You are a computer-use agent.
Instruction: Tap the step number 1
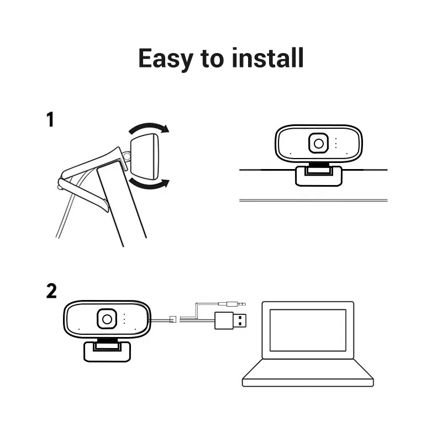(50, 119)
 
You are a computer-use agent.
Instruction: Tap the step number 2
(51, 291)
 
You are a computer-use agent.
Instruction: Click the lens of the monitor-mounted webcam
(319, 143)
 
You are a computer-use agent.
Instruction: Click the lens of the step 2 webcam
(107, 319)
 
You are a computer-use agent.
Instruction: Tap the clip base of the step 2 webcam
(107, 351)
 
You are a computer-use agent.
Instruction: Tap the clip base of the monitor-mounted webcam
(318, 176)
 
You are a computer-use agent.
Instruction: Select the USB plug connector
(230, 320)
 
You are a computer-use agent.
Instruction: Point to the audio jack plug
(233, 304)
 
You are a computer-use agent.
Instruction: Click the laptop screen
(308, 330)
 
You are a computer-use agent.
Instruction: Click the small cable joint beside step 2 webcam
(172, 319)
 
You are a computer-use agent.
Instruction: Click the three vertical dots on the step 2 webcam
(124, 319)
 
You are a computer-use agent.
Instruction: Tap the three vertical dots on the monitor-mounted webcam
(335, 143)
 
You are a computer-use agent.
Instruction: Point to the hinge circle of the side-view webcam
(127, 157)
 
